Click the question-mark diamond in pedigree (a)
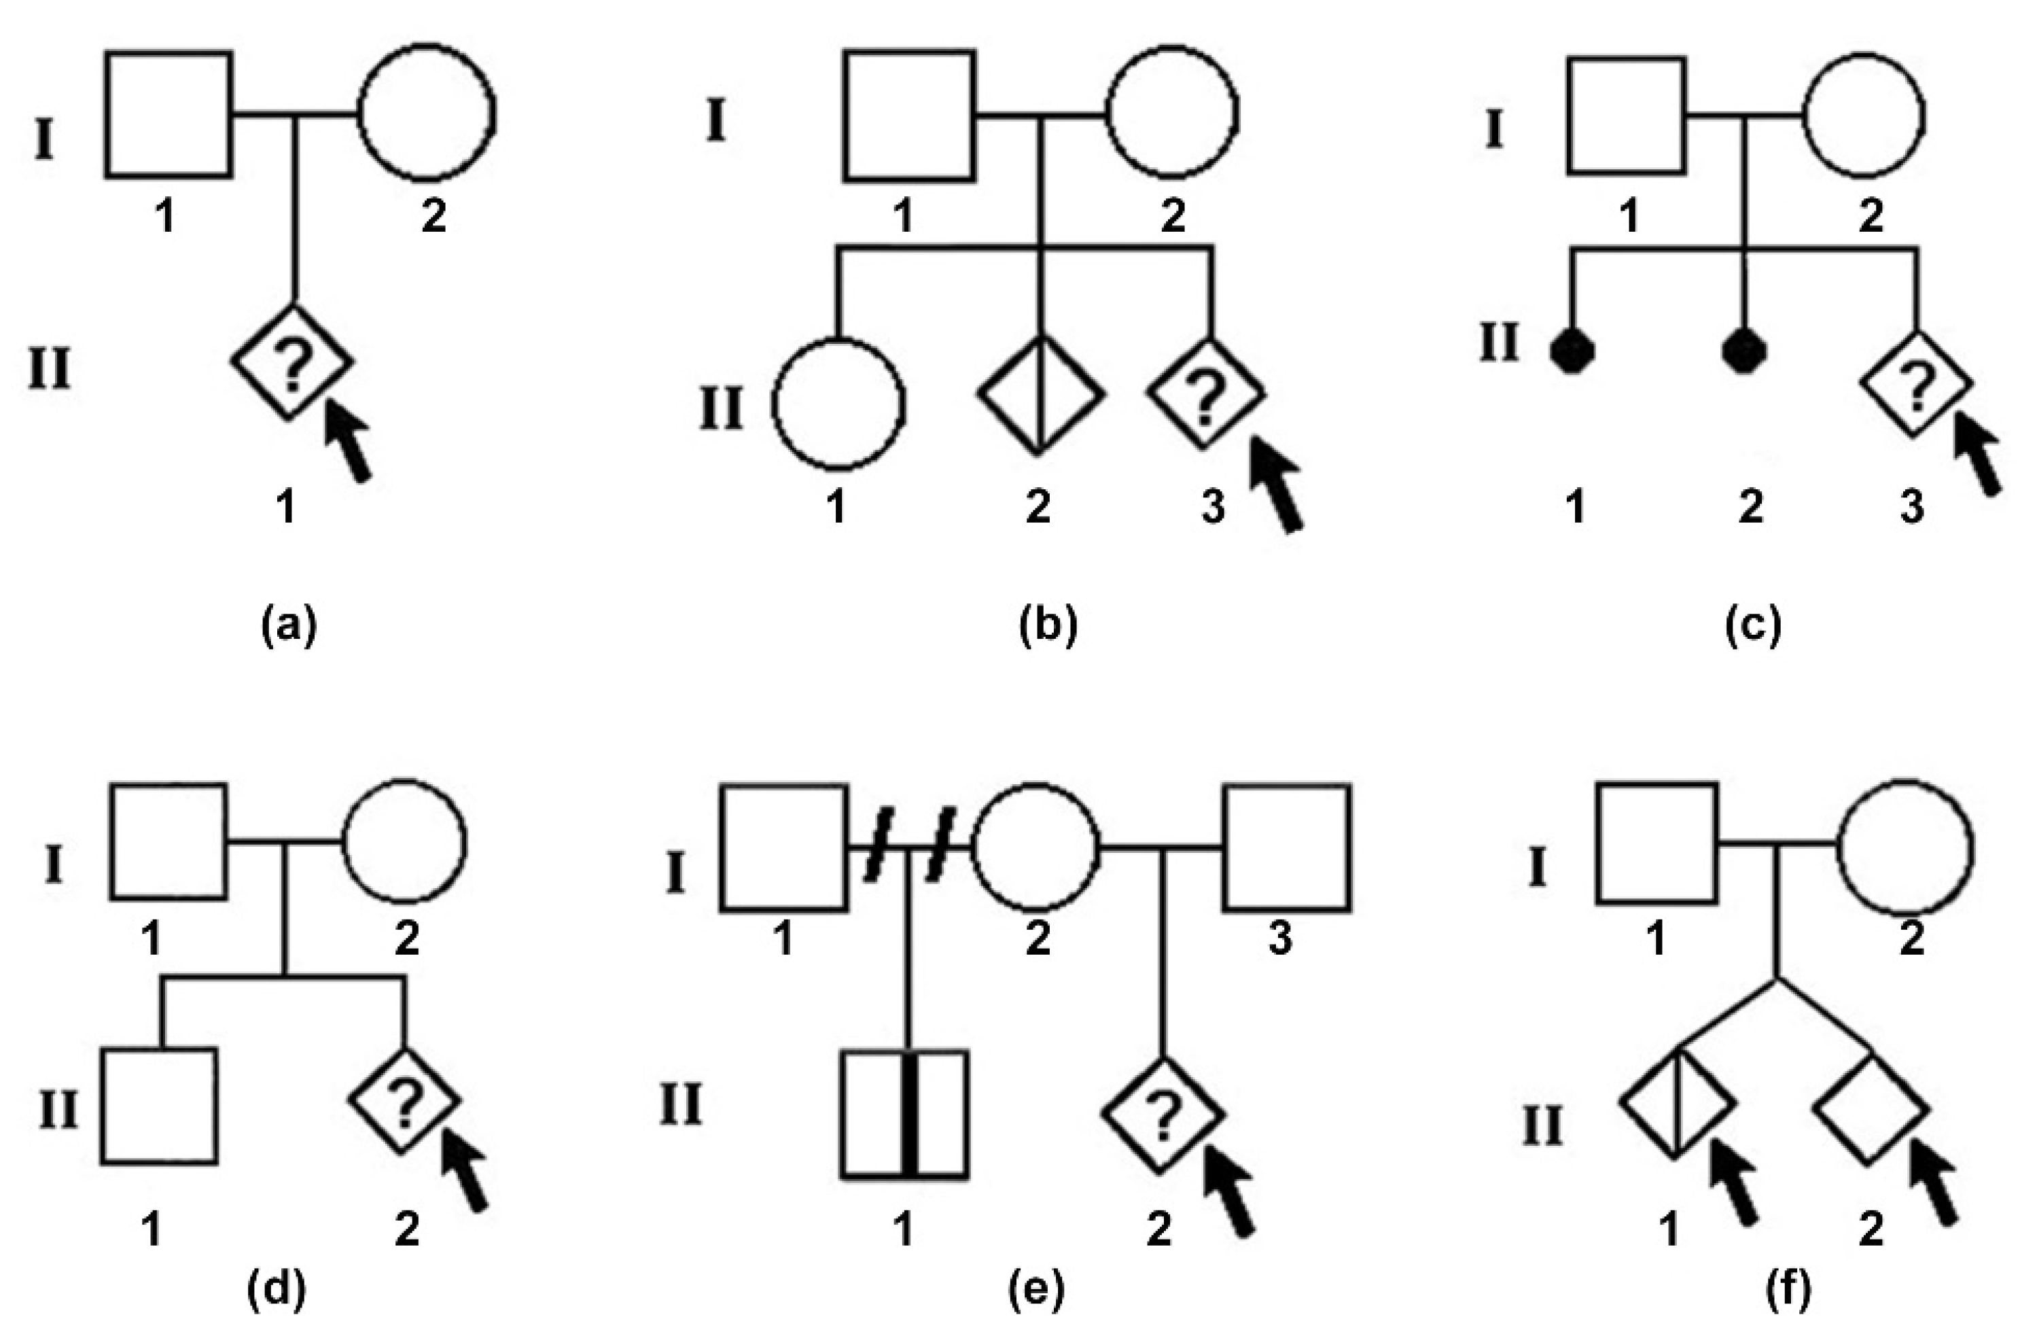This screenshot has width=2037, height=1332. point(293,362)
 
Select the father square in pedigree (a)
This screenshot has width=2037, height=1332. point(169,115)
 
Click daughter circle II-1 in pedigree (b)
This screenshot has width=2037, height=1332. point(838,403)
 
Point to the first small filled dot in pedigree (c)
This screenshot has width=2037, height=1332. point(1572,352)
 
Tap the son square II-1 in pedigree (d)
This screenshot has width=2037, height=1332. point(159,1106)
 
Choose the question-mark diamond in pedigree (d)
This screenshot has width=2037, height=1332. point(405,1101)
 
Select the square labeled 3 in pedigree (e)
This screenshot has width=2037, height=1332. point(1286,847)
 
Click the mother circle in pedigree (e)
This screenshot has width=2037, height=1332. point(1036,847)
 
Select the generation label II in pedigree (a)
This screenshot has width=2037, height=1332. point(49,373)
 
